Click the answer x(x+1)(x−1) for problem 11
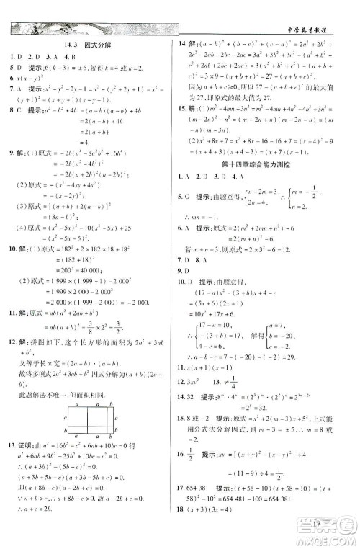[216, 368]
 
